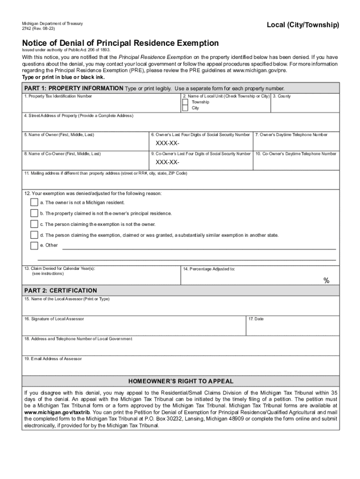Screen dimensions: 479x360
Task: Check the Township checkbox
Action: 186,102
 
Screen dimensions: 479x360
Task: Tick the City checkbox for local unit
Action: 186,108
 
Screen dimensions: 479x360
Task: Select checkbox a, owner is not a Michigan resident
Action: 34,203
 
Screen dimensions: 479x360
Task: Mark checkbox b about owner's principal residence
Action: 34,213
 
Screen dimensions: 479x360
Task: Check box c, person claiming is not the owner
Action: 34,224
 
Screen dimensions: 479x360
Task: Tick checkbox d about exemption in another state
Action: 34,235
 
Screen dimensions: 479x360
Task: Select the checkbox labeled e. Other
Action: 34,246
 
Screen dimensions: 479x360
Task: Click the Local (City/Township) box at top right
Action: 302,25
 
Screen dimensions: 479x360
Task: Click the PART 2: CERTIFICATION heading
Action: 61,290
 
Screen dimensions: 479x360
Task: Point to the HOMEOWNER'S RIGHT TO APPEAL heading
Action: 181,381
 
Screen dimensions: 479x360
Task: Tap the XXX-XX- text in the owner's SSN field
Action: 167,144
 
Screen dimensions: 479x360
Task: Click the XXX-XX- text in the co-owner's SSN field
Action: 167,162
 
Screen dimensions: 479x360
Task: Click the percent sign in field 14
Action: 326,280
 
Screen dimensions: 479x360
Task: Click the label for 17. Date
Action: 256,319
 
